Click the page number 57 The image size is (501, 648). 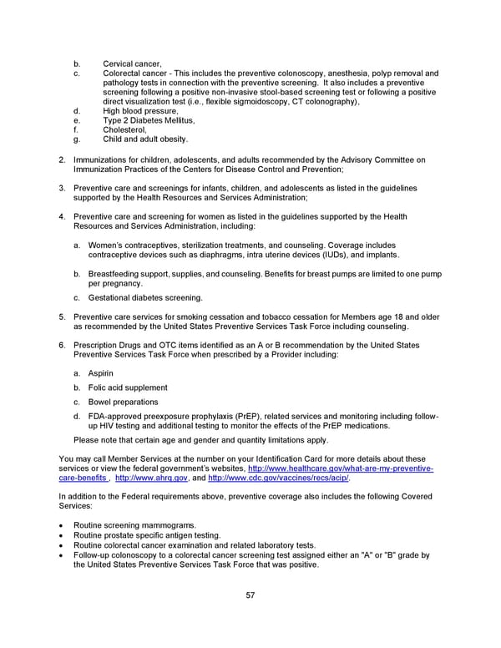[250, 595]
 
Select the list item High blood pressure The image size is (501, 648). [140, 111]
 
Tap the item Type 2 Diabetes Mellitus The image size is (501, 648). [149, 120]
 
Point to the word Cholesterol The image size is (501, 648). [124, 129]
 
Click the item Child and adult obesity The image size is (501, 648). [145, 139]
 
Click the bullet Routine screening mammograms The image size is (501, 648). [135, 525]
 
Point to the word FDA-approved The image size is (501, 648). [118, 416]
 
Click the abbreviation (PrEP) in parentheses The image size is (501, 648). [264, 416]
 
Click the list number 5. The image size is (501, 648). [62, 316]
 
